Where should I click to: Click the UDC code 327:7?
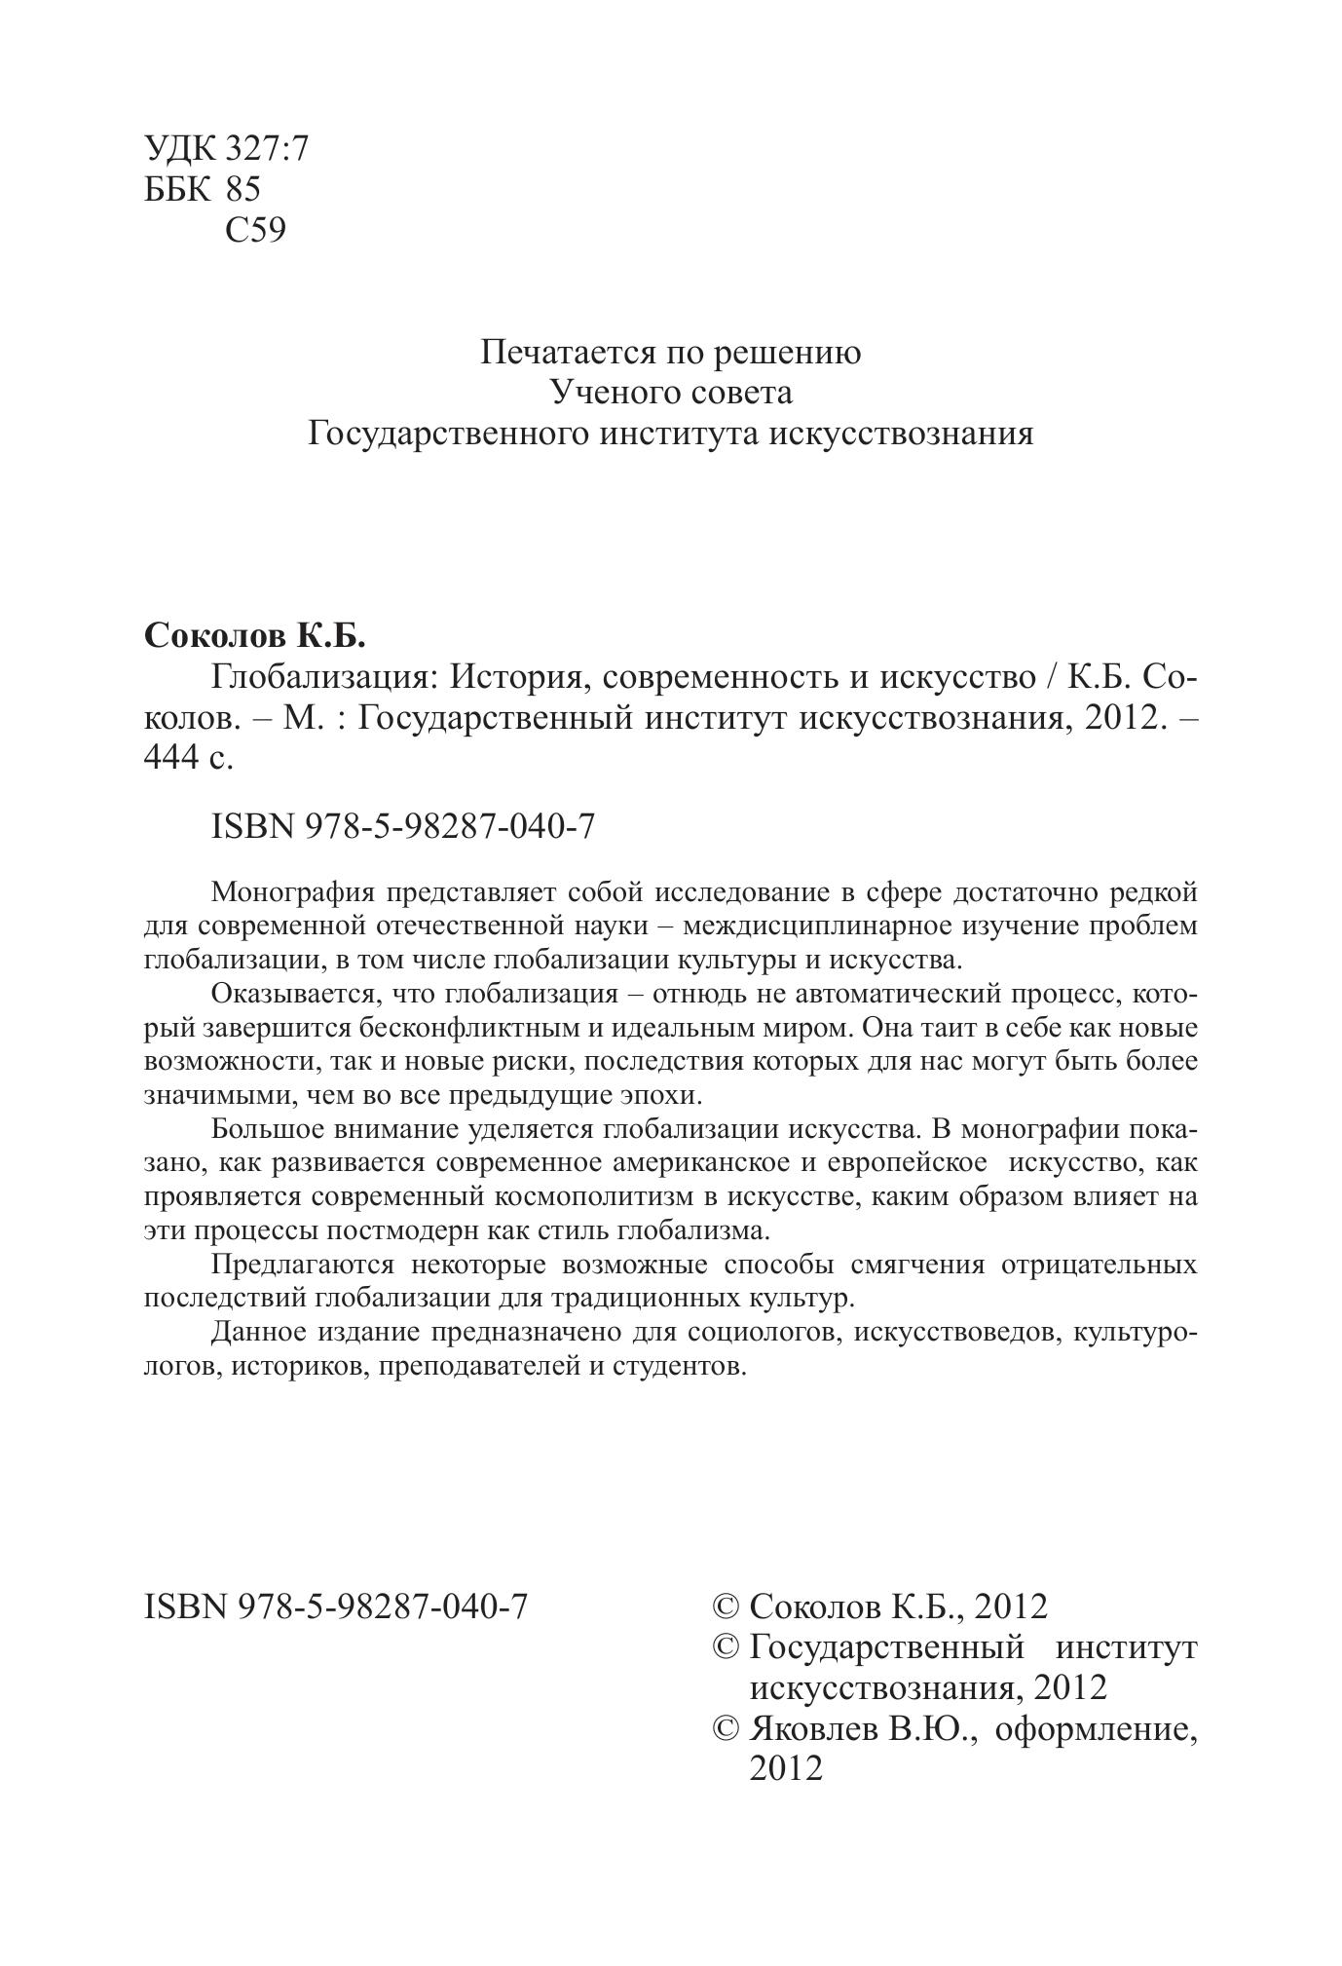click(266, 149)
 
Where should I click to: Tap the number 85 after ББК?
click(242, 189)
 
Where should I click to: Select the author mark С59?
click(255, 230)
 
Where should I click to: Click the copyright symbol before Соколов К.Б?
click(727, 1607)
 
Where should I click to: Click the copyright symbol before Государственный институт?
click(727, 1647)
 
